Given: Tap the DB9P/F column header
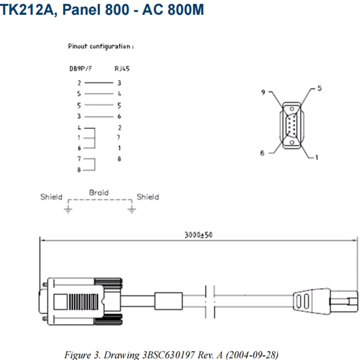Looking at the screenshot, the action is [x=81, y=69].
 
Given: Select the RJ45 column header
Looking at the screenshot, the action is [x=122, y=69].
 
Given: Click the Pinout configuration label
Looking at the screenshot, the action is [x=101, y=46].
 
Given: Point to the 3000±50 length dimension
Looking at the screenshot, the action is [x=198, y=235].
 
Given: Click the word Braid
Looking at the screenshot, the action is [x=99, y=193].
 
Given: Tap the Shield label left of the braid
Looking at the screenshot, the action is [x=51, y=197].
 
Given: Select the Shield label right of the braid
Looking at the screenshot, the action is [x=148, y=197].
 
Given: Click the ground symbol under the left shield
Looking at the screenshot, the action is [x=68, y=210].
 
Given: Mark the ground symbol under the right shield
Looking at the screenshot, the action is [x=131, y=210].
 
